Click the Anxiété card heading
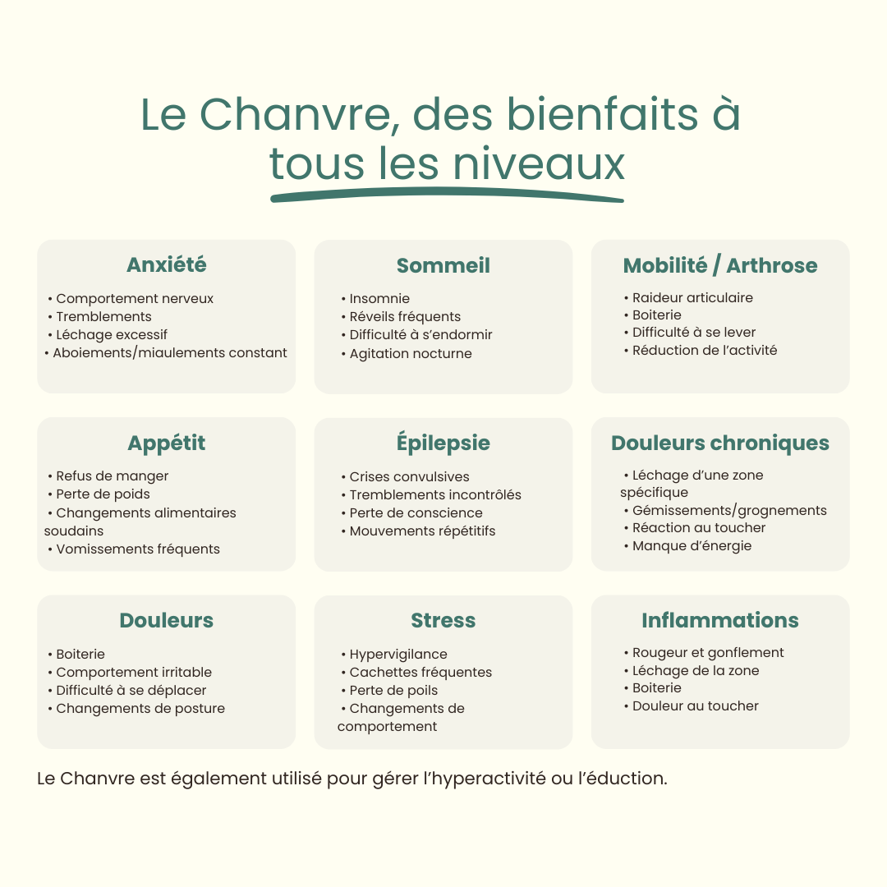point(166,264)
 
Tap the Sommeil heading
point(443,265)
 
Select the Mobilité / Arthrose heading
point(720,265)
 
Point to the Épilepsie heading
point(443,443)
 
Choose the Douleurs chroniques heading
point(720,443)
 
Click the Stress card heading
point(443,620)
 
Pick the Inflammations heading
point(720,620)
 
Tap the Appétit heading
point(166,443)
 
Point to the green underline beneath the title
point(447,195)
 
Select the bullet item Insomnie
point(379,299)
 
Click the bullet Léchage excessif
point(112,335)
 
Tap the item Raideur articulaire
point(692,298)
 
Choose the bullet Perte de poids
point(103,494)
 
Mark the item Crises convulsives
point(409,477)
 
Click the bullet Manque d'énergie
point(692,546)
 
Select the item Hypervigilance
point(398,655)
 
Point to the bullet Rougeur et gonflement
point(708,653)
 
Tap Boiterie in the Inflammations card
point(657,688)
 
